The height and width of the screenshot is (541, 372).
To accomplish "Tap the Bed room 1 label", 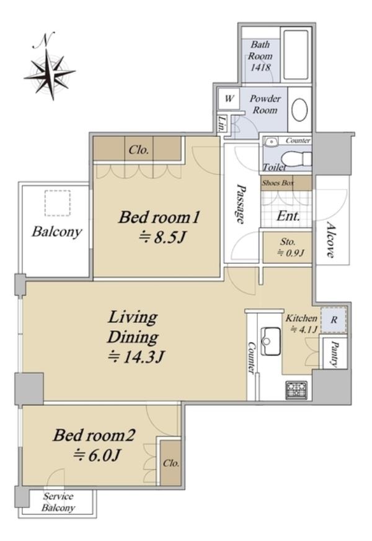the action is pyautogui.click(x=159, y=218).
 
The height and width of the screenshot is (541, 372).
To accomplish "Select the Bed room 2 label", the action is pyautogui.click(x=94, y=436).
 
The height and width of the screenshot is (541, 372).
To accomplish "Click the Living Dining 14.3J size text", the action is pyautogui.click(x=136, y=357).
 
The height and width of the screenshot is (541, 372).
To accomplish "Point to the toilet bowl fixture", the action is pyautogui.click(x=296, y=159).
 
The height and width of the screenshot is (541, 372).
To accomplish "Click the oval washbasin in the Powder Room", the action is pyautogui.click(x=299, y=110).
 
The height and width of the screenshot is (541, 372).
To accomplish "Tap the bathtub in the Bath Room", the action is pyautogui.click(x=296, y=55).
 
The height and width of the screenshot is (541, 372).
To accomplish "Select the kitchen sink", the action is pyautogui.click(x=270, y=341).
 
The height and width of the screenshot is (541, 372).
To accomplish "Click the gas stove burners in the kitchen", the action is pyautogui.click(x=296, y=390).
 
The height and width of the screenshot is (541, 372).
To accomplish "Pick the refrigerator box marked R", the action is pyautogui.click(x=334, y=320).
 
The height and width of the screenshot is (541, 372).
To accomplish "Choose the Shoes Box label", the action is pyautogui.click(x=278, y=183).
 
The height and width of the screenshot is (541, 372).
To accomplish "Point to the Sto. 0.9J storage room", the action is pyautogui.click(x=287, y=247).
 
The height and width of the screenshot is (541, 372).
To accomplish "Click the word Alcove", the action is pyautogui.click(x=330, y=240).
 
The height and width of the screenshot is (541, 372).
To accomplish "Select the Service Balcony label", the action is pyautogui.click(x=58, y=502).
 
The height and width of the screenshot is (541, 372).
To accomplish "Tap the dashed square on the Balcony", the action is pyautogui.click(x=57, y=203).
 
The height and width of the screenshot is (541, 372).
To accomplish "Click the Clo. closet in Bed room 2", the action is pyautogui.click(x=171, y=463).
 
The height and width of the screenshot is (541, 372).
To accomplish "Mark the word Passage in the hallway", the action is pyautogui.click(x=241, y=204).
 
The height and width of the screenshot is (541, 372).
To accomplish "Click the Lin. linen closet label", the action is pyautogui.click(x=221, y=124).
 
